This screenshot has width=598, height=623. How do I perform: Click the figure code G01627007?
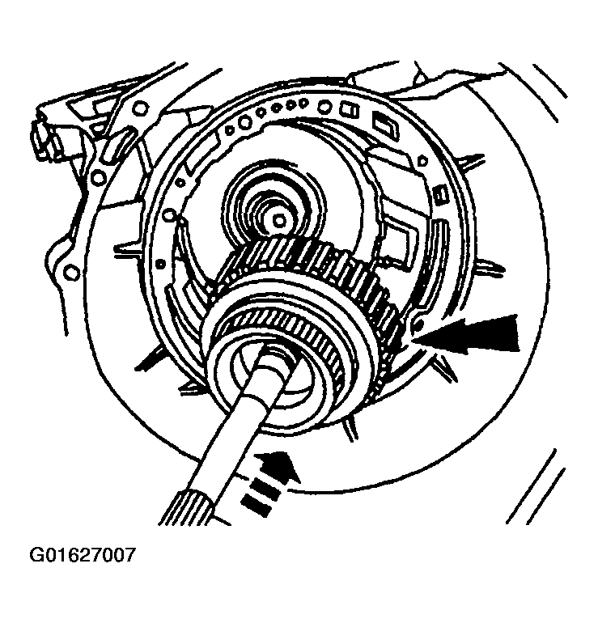pos(83,555)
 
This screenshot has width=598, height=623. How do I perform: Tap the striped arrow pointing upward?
pos(269,485)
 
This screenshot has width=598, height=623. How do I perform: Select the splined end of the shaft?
pos(191,509)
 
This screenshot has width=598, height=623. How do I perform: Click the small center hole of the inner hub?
pos(279,219)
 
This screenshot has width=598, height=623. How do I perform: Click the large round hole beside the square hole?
pos(325,107)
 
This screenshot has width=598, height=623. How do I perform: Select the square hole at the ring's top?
pos(349,110)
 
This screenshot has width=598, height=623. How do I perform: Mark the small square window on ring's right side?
pos(441,195)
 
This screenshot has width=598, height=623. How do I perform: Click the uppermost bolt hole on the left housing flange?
pos(140,108)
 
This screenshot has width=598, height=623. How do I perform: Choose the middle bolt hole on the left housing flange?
pos(97,177)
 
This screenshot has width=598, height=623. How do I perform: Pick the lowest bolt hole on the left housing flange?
pos(71,273)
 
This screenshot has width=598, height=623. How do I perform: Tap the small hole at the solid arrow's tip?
pos(417,325)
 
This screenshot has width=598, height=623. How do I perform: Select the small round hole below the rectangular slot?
pos(423,161)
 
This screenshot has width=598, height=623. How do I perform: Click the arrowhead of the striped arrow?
pos(279,468)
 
